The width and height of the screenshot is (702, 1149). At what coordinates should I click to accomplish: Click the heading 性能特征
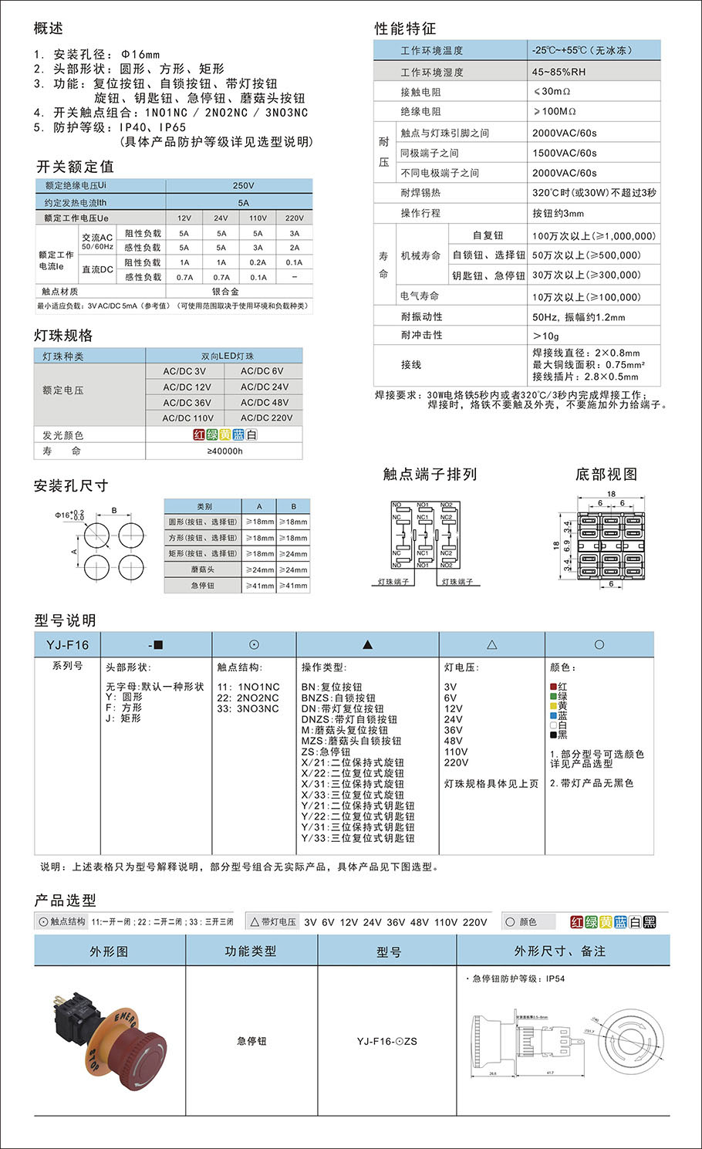tap(405, 29)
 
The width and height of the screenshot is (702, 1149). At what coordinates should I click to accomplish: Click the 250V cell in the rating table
tap(243, 186)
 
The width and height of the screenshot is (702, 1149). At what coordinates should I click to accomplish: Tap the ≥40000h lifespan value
tap(224, 451)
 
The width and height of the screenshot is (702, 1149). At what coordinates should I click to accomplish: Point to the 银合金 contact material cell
tap(225, 292)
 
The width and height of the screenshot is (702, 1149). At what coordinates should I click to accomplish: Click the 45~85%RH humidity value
tap(559, 72)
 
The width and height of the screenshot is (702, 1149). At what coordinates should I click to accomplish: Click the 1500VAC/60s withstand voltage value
tap(564, 153)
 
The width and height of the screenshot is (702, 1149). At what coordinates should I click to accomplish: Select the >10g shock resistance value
tap(545, 336)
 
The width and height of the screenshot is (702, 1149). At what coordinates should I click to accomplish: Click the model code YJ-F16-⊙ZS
tap(386, 1041)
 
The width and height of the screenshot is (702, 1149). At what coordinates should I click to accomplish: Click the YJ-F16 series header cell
tap(67, 645)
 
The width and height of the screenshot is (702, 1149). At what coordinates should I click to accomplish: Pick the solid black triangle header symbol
tap(367, 644)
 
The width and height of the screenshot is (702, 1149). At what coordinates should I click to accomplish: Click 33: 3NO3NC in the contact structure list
tap(248, 708)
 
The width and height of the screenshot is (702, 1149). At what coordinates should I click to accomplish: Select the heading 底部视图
tap(606, 474)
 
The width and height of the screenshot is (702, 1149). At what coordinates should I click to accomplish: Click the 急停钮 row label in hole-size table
tap(203, 586)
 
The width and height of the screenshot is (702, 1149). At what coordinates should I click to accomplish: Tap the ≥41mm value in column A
tap(259, 586)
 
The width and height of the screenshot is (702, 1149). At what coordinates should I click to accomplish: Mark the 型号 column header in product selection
tap(388, 951)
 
